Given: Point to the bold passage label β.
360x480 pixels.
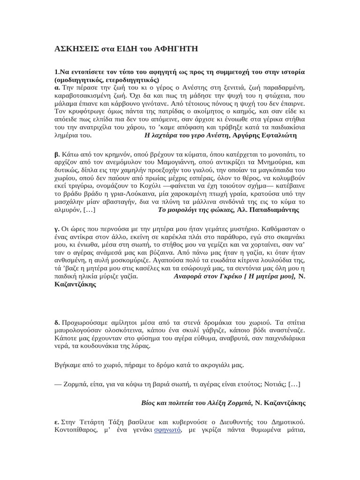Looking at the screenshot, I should coord(57,154).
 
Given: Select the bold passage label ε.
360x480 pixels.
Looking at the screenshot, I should coord(56,421).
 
